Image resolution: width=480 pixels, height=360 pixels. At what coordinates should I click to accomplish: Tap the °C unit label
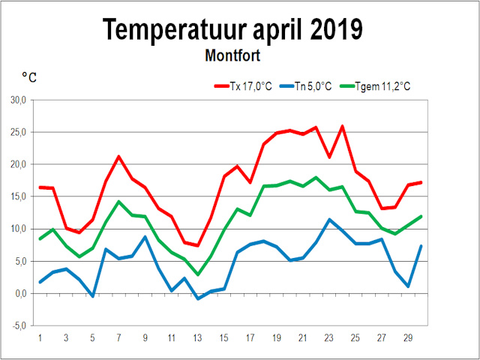coord(29,77)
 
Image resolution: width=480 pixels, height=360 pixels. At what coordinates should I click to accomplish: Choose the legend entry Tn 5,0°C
coord(307,86)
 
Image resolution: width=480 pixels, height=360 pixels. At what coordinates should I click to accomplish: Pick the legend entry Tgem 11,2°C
coord(376,86)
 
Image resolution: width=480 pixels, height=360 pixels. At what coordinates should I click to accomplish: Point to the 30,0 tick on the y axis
coord(18,100)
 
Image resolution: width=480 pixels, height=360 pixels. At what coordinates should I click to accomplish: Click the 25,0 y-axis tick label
coord(18,132)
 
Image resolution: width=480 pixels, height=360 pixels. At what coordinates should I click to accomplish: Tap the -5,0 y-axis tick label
coord(18,325)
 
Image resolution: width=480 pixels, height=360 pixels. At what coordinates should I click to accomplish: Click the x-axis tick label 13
coord(198,338)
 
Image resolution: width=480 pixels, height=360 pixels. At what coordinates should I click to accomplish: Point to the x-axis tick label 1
coord(39,338)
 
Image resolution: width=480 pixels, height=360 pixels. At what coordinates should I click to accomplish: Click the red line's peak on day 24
coord(342,126)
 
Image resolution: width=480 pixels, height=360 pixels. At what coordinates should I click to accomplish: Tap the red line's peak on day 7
coord(118,157)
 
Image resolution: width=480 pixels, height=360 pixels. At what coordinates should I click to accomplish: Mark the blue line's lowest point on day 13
coord(198,298)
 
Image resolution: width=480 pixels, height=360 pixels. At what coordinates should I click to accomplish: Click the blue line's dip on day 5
coord(92,296)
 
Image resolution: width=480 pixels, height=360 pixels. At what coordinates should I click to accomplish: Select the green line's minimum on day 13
coord(198,274)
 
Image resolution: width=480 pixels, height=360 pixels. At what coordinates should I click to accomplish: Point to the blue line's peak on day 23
coord(329,220)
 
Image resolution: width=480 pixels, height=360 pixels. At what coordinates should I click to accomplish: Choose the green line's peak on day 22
coord(316,178)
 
